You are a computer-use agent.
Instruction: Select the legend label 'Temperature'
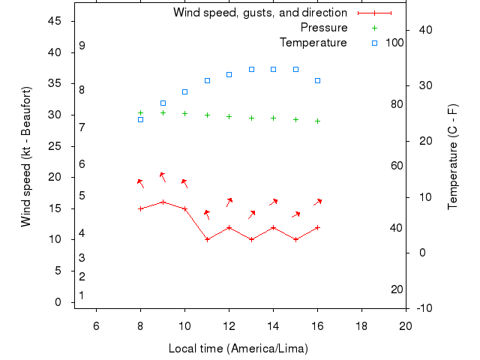pyautogui.click(x=313, y=42)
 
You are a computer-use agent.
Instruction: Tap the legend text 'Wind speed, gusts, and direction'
pyautogui.click(x=260, y=13)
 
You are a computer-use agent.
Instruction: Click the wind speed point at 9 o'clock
pyautogui.click(x=163, y=202)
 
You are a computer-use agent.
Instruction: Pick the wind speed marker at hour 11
pyautogui.click(x=207, y=239)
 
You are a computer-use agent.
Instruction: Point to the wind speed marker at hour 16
pyautogui.click(x=318, y=227)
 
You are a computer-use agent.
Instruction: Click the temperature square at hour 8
pyautogui.click(x=140, y=119)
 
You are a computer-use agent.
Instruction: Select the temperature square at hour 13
pyautogui.click(x=251, y=69)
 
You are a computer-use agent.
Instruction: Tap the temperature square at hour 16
pyautogui.click(x=318, y=80)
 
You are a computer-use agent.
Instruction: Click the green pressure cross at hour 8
pyautogui.click(x=140, y=112)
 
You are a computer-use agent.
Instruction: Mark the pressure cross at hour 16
pyautogui.click(x=318, y=121)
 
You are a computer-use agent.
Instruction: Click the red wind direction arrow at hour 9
pyautogui.click(x=162, y=177)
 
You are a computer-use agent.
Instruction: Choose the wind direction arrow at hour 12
pyautogui.click(x=229, y=202)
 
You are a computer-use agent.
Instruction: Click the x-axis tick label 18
pyautogui.click(x=361, y=325)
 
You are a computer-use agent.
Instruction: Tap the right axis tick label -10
pyautogui.click(x=424, y=308)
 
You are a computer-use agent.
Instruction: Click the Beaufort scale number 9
pyautogui.click(x=82, y=46)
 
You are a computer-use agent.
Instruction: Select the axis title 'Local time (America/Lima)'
pyautogui.click(x=238, y=349)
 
